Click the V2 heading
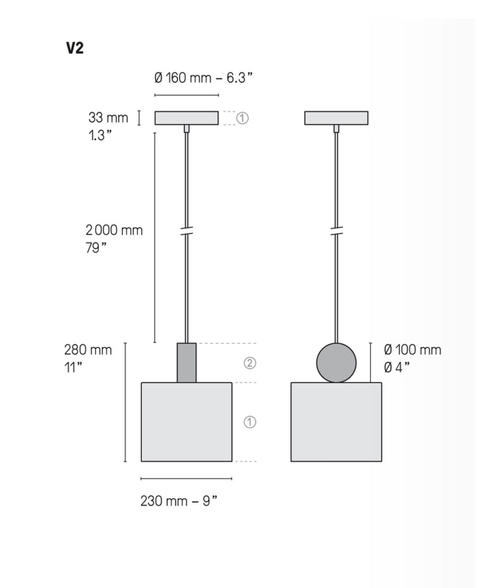(75, 48)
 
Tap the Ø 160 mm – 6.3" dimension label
(203, 78)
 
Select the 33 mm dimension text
(108, 117)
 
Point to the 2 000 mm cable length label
(114, 230)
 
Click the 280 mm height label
(88, 350)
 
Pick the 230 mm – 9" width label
(179, 501)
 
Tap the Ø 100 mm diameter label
(412, 350)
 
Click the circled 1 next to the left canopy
(242, 118)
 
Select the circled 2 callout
(250, 363)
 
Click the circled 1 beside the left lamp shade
(250, 422)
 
